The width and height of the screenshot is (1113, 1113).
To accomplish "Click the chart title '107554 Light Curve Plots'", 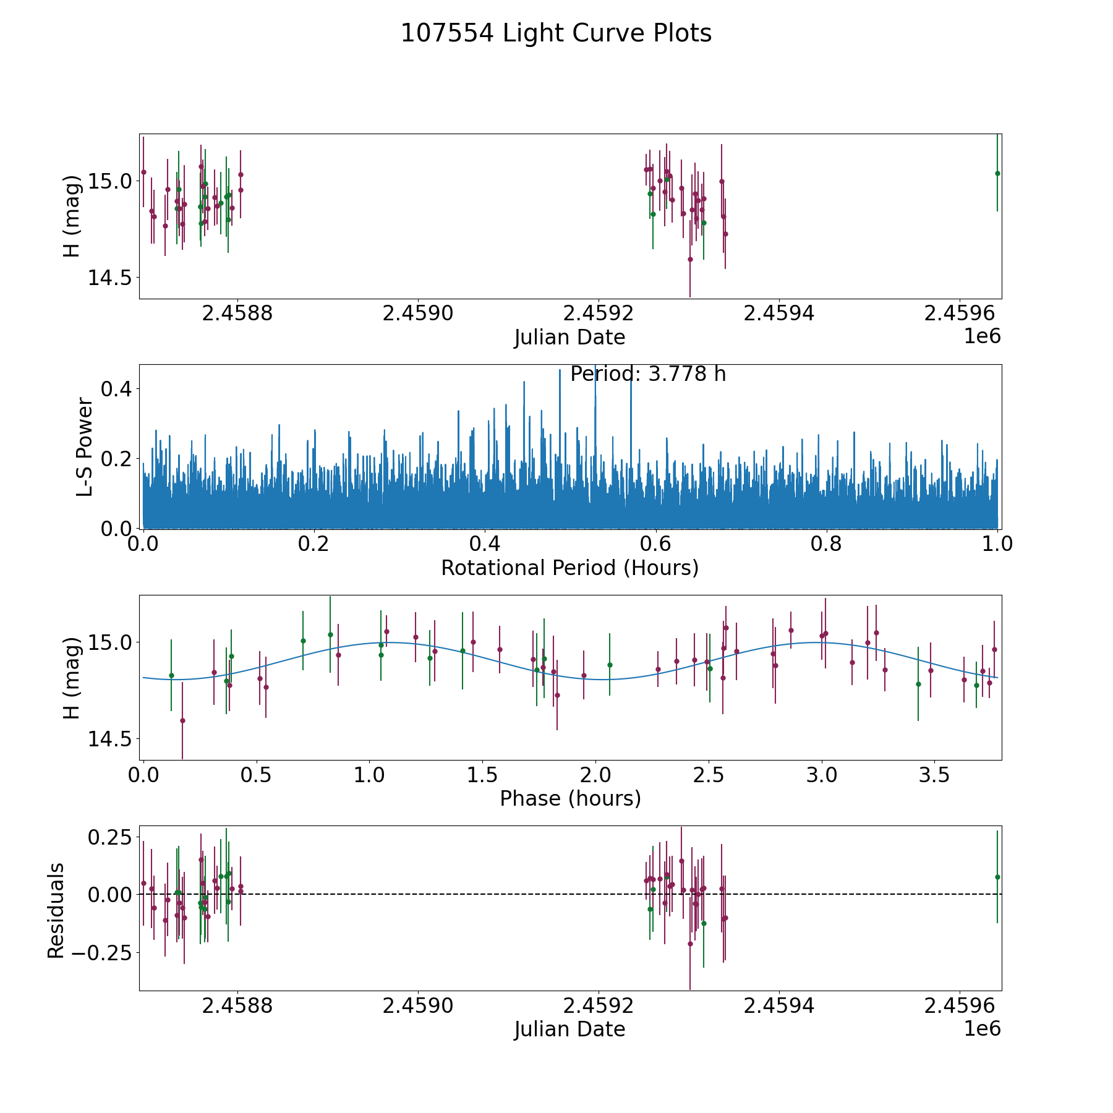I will (556, 33).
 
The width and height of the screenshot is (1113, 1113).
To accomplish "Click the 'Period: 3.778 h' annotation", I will (647, 374).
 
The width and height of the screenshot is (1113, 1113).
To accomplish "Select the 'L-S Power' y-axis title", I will (85, 446).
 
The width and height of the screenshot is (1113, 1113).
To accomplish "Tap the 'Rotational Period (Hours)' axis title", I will (569, 568).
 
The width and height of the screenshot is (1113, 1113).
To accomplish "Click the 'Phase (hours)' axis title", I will (569, 798).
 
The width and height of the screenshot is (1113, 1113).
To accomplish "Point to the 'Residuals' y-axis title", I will (56, 910).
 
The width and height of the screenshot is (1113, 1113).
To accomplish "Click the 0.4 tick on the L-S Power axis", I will (115, 389).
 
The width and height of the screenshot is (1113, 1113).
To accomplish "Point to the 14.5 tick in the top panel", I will (109, 278).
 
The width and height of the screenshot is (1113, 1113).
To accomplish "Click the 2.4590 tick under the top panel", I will (418, 314).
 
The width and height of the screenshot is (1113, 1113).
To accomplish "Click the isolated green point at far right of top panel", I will (997, 173).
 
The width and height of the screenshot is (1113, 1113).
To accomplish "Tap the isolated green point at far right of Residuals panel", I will (997, 877).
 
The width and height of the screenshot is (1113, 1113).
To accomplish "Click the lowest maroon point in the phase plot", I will (182, 720).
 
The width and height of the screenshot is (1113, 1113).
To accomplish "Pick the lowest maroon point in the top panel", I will (690, 259).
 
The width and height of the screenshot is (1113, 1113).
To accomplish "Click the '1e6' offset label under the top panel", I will (982, 337).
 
